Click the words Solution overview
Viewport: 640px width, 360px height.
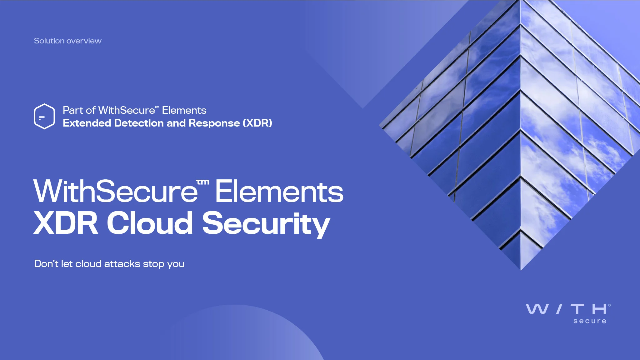click(x=67, y=41)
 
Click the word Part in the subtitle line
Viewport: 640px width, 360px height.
click(x=73, y=110)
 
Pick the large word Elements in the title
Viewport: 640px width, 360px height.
click(x=279, y=191)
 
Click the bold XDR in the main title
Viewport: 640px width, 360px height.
click(x=66, y=223)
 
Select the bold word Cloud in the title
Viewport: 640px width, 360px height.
click(x=150, y=222)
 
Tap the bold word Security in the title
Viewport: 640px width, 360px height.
click(x=266, y=224)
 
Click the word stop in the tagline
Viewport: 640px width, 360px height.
click(x=153, y=264)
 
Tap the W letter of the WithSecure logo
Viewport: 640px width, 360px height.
click(x=537, y=309)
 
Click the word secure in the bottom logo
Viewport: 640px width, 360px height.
click(x=590, y=321)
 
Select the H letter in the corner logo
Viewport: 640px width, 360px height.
click(x=599, y=309)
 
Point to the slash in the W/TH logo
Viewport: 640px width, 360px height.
click(x=559, y=309)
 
